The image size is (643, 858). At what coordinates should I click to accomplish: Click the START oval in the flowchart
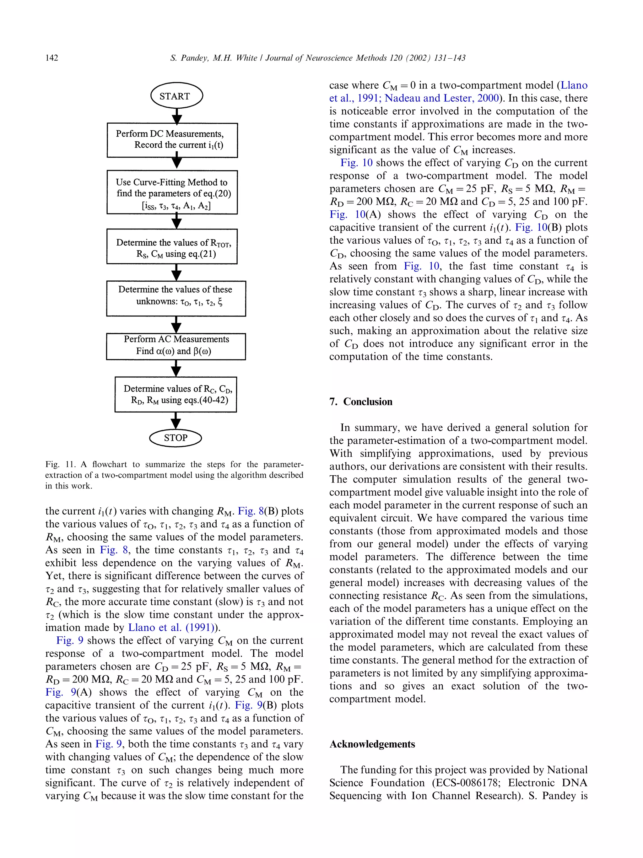[176, 96]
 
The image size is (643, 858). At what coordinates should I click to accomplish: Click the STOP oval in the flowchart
[176, 438]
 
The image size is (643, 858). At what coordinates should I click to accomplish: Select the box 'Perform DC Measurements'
[172, 140]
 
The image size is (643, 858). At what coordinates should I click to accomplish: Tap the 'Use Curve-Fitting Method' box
[172, 192]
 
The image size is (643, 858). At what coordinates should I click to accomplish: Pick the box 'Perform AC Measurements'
[176, 346]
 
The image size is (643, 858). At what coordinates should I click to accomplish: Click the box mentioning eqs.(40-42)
[176, 394]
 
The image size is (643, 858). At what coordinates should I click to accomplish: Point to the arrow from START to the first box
[177, 116]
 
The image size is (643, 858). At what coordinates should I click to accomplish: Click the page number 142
[51, 58]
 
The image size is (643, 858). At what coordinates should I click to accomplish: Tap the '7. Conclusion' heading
[361, 402]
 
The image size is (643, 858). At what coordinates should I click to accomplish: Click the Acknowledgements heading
[372, 744]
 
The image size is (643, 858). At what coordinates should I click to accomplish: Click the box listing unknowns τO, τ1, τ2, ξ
[176, 298]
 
